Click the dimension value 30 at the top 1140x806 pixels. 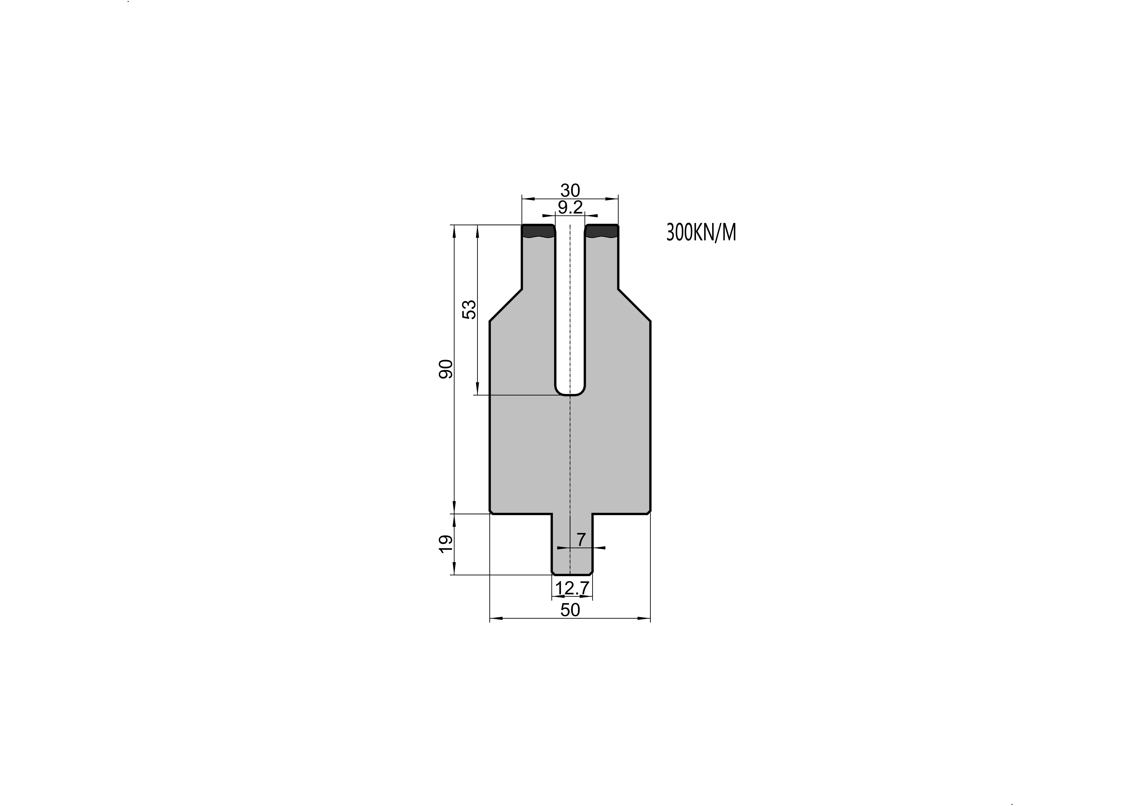coord(570,190)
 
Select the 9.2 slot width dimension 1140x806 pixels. coord(570,208)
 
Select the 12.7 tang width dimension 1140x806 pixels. coord(572,588)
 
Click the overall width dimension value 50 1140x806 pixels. coord(570,610)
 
